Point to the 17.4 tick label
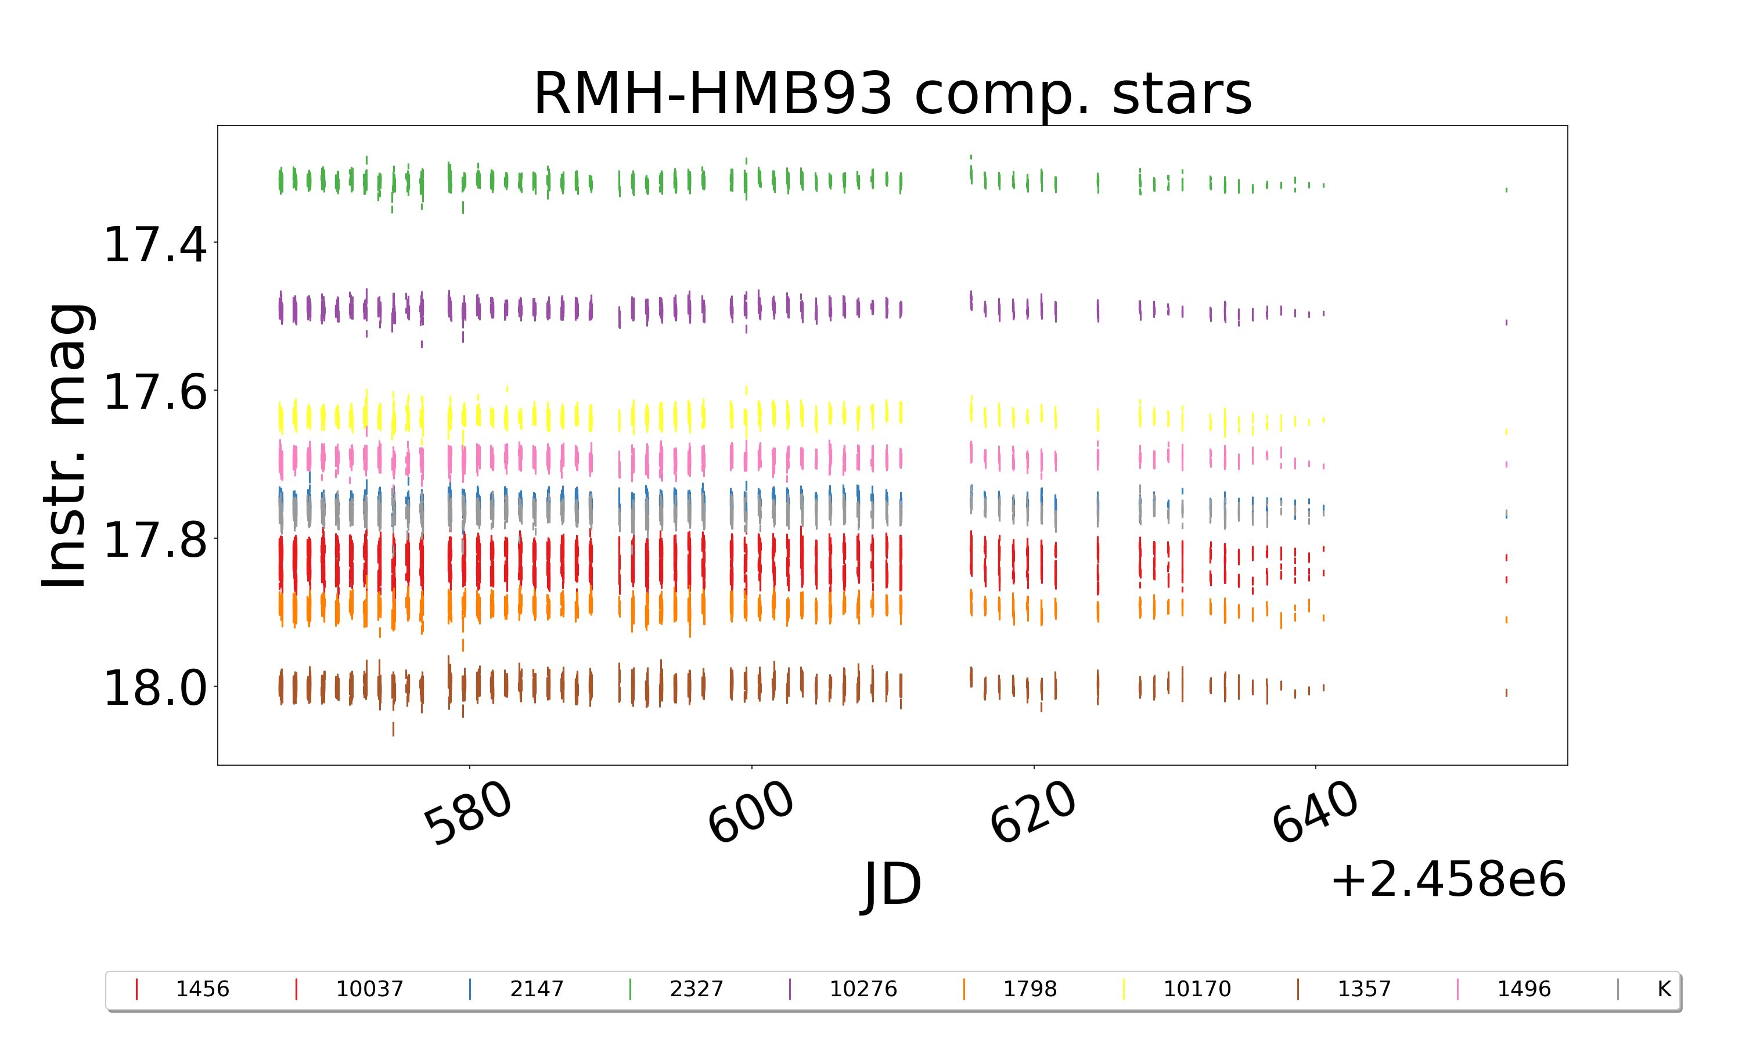click(155, 245)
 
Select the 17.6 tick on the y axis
click(155, 392)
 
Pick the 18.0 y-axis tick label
click(155, 688)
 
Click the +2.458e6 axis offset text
click(1448, 880)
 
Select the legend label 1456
click(202, 989)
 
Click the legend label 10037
click(370, 989)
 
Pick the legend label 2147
click(537, 989)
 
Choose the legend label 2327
click(696, 989)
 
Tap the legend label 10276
click(863, 989)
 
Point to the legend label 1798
click(1030, 989)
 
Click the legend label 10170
click(1197, 989)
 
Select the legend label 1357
click(1364, 989)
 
